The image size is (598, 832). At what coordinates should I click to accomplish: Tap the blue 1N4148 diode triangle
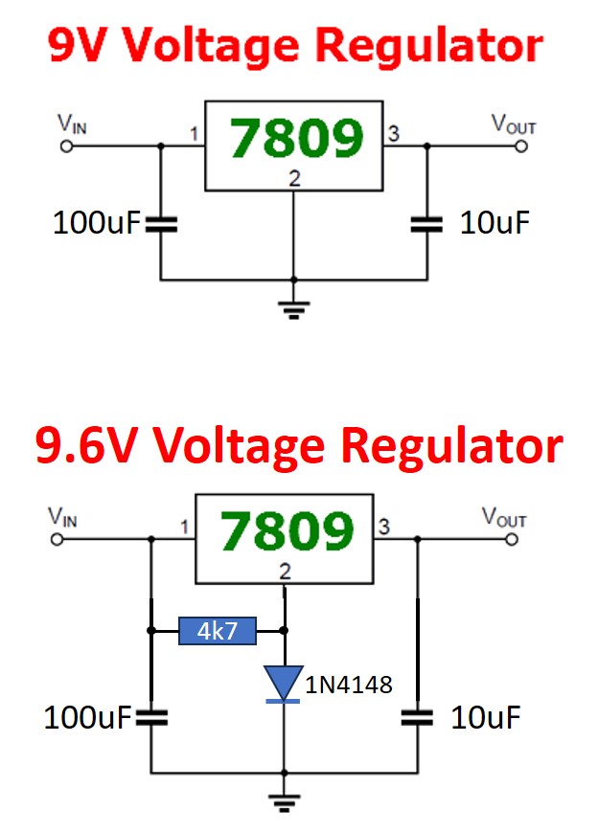click(284, 683)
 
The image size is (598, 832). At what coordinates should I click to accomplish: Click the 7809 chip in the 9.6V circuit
click(284, 539)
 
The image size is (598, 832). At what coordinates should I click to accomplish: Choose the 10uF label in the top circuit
click(494, 224)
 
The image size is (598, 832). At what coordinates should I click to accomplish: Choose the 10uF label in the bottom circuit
click(486, 718)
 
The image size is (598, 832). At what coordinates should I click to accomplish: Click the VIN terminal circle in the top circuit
click(66, 146)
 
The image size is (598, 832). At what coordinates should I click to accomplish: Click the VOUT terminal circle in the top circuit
click(522, 146)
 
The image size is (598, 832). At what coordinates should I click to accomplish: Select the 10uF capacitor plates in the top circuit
click(426, 225)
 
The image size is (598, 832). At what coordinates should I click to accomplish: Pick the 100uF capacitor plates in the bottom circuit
click(150, 718)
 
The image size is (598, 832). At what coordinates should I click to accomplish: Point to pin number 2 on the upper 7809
click(294, 178)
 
